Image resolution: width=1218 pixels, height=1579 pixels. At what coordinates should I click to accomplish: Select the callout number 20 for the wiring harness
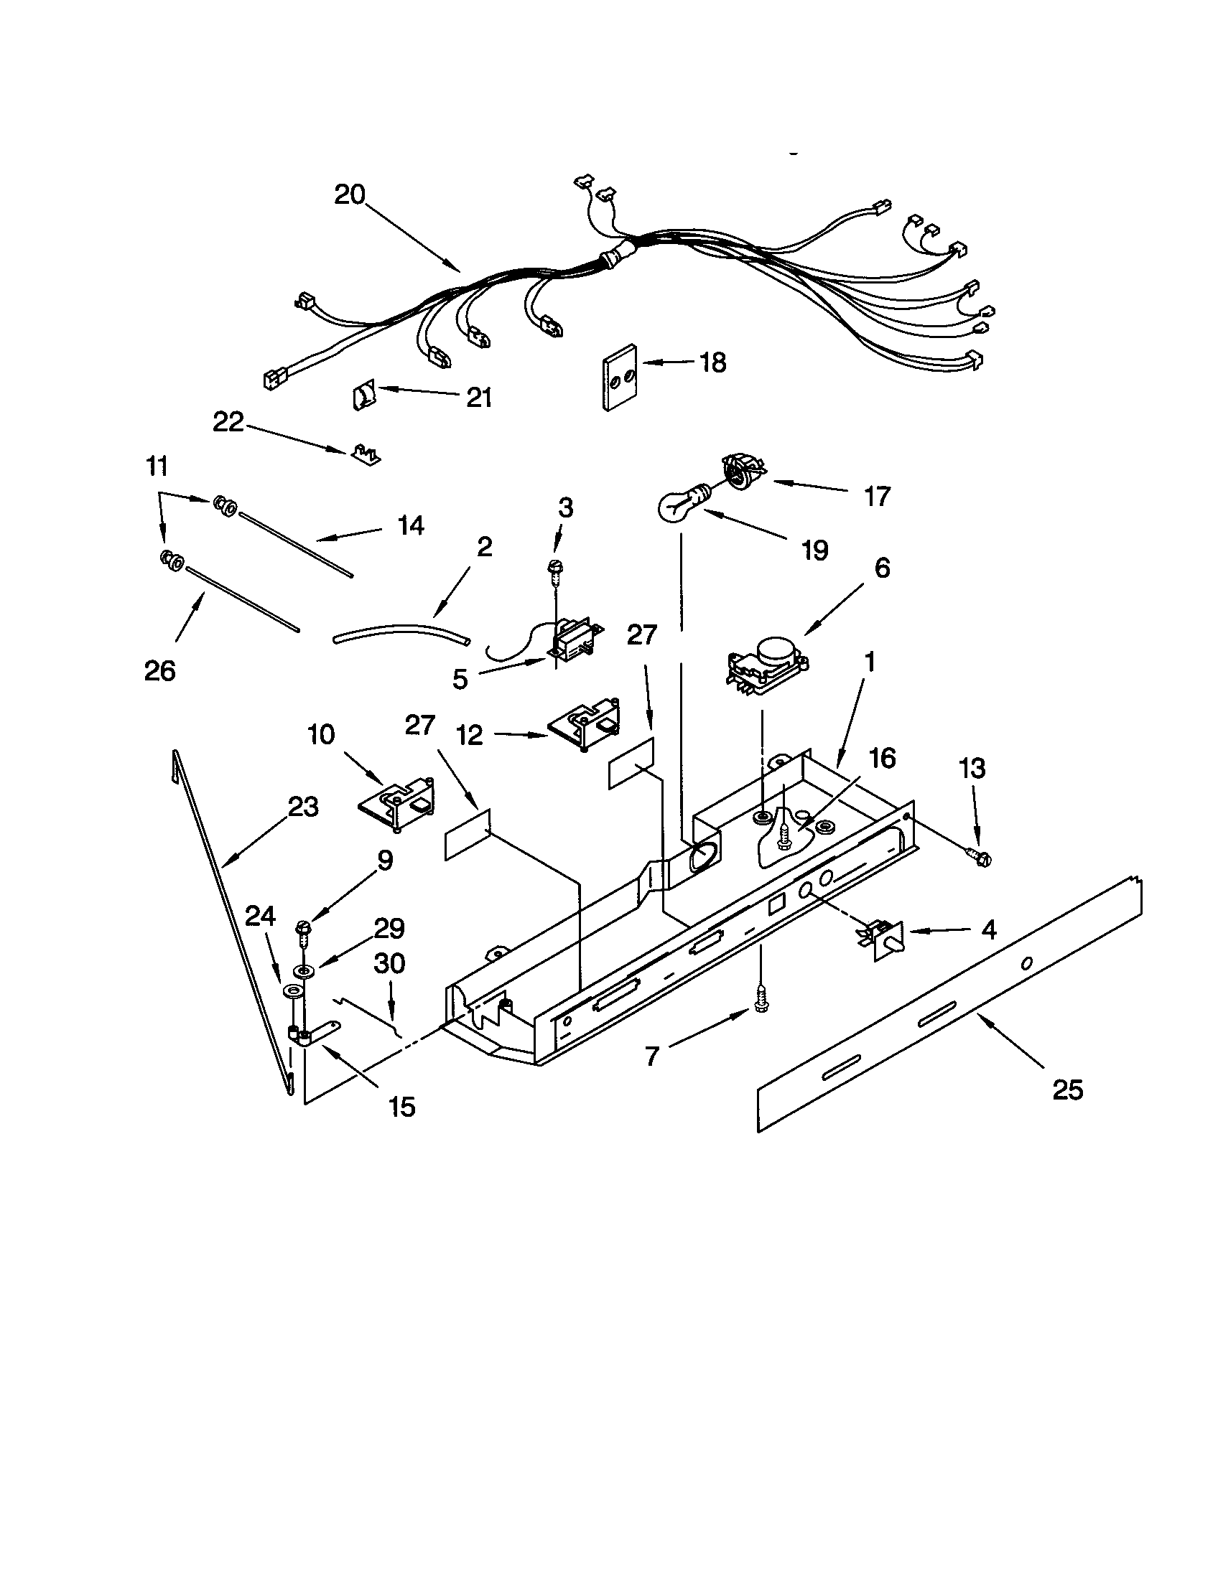click(350, 195)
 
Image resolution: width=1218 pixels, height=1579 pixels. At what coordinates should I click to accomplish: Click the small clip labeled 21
click(364, 396)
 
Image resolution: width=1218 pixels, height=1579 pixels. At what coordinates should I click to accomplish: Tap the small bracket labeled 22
click(367, 455)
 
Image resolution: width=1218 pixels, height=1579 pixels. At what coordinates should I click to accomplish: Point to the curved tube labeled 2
click(401, 634)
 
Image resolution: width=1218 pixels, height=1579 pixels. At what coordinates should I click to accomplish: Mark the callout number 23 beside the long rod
click(302, 807)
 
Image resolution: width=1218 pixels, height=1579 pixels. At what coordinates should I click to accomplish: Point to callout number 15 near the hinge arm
click(401, 1107)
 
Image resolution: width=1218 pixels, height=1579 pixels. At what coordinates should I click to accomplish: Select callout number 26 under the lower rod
click(160, 671)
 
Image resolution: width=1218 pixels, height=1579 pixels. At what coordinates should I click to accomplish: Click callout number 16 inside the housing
click(882, 758)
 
